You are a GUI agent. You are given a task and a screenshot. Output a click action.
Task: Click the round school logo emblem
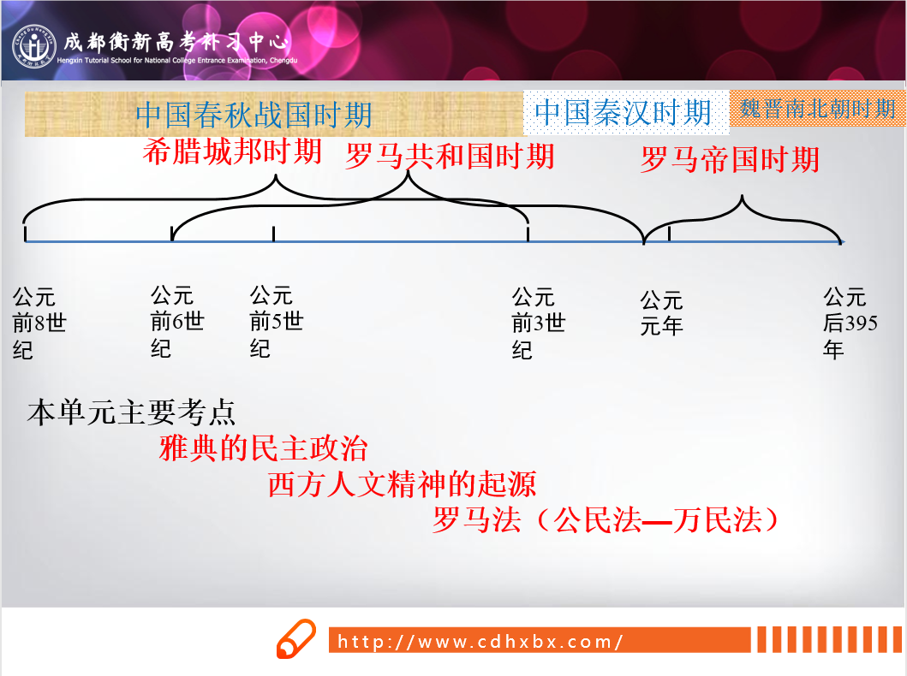point(34,45)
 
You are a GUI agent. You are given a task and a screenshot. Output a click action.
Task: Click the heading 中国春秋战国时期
point(254,115)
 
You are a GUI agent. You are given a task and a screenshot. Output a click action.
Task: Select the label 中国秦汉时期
point(623,112)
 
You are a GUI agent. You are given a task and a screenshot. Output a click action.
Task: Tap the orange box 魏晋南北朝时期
point(817,108)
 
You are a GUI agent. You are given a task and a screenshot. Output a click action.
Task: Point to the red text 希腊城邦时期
point(232,152)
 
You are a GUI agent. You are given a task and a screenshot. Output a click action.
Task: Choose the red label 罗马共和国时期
point(450,156)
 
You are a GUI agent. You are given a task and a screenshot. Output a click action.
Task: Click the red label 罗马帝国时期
point(730,159)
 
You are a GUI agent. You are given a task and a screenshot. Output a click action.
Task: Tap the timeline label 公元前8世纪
point(39,323)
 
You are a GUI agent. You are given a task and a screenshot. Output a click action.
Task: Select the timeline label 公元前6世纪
point(177,322)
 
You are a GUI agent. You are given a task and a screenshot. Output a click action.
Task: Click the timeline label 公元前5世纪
point(277,322)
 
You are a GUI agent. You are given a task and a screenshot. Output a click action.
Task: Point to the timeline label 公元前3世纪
point(539,323)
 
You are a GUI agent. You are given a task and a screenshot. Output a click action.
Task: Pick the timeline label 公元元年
point(661,313)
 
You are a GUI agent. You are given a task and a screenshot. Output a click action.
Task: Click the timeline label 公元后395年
point(850,323)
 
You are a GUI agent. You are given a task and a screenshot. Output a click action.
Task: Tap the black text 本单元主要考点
point(131,412)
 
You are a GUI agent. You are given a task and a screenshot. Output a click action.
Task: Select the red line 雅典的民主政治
point(263,448)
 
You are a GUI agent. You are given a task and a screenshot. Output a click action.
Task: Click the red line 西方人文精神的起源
point(402,483)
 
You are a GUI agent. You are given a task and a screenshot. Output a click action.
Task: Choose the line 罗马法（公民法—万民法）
point(605,519)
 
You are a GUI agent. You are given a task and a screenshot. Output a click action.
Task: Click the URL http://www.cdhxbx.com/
point(480,641)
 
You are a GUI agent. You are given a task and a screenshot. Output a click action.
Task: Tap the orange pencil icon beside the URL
point(296,638)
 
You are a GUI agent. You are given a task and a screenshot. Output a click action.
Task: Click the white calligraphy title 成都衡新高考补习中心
point(176,42)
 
